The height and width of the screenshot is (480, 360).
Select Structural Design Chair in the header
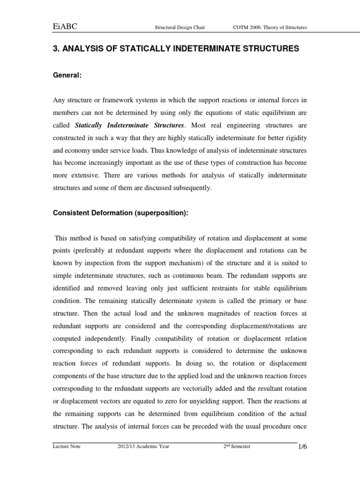pos(180,28)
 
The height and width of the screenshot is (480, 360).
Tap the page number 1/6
pos(302,448)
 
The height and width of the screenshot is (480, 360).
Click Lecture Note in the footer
pos(67,447)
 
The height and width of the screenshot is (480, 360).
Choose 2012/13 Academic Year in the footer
pos(143,447)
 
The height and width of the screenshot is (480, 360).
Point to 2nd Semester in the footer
pos(237,447)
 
